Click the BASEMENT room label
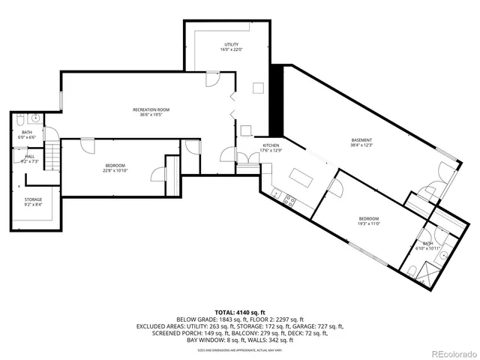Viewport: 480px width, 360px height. [361, 140]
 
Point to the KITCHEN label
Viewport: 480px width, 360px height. [271, 145]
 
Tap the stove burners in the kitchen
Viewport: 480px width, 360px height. [289, 199]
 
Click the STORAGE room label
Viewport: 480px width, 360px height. [32, 199]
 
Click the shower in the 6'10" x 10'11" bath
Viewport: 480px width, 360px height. [430, 275]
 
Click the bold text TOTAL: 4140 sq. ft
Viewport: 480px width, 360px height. [240, 311]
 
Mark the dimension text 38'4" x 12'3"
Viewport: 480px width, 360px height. [361, 145]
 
